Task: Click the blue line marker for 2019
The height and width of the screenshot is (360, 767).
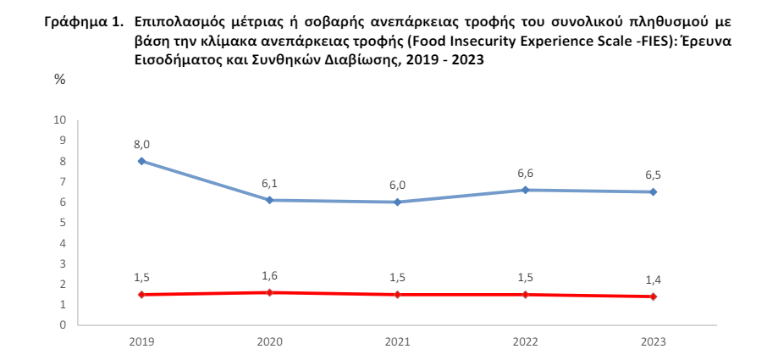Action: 141,161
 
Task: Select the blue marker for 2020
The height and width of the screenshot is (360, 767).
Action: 268,200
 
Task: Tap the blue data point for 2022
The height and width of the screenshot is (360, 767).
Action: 525,190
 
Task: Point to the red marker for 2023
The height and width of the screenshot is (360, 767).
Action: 653,296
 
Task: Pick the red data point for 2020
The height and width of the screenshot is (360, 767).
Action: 268,292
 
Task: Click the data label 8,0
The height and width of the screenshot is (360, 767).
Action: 141,145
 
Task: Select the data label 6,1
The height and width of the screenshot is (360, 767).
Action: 269,184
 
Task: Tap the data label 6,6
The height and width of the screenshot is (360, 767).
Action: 525,174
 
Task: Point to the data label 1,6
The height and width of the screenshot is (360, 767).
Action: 269,276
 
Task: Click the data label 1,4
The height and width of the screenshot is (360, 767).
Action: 653,280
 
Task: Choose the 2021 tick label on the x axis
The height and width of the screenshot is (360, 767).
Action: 397,341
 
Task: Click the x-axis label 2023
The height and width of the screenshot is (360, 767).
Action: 653,341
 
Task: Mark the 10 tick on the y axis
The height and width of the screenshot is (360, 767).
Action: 60,120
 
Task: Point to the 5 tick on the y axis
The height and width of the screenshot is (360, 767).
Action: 63,223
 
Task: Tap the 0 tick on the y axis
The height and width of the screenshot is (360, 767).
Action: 63,325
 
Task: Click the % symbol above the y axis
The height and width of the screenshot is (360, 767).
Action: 60,79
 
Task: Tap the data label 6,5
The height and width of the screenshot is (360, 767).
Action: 653,175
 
